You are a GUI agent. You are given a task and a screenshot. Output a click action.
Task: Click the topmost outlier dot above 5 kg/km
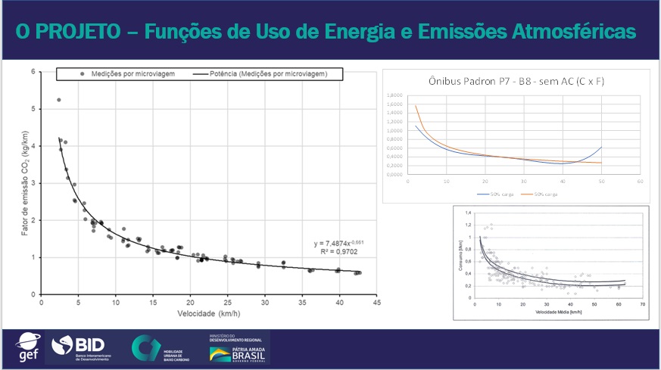[x=59, y=100]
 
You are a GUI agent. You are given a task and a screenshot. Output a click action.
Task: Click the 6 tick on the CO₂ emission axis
[x=33, y=71]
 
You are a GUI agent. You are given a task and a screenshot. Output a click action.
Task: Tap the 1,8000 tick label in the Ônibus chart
[x=394, y=95]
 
